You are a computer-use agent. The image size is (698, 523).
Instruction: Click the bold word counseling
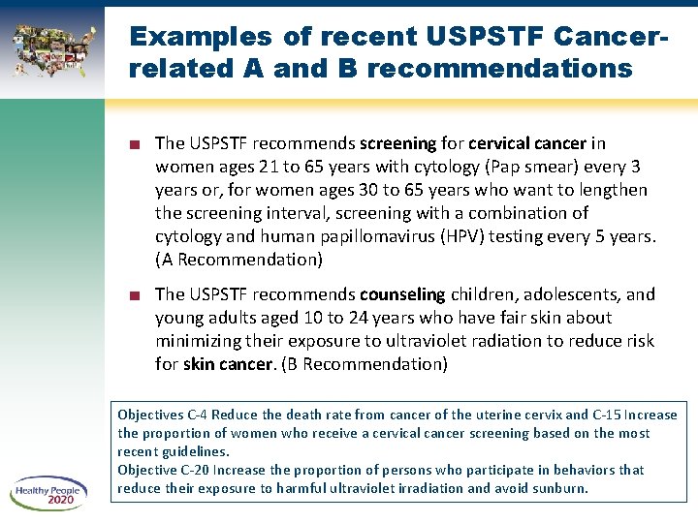click(x=401, y=293)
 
